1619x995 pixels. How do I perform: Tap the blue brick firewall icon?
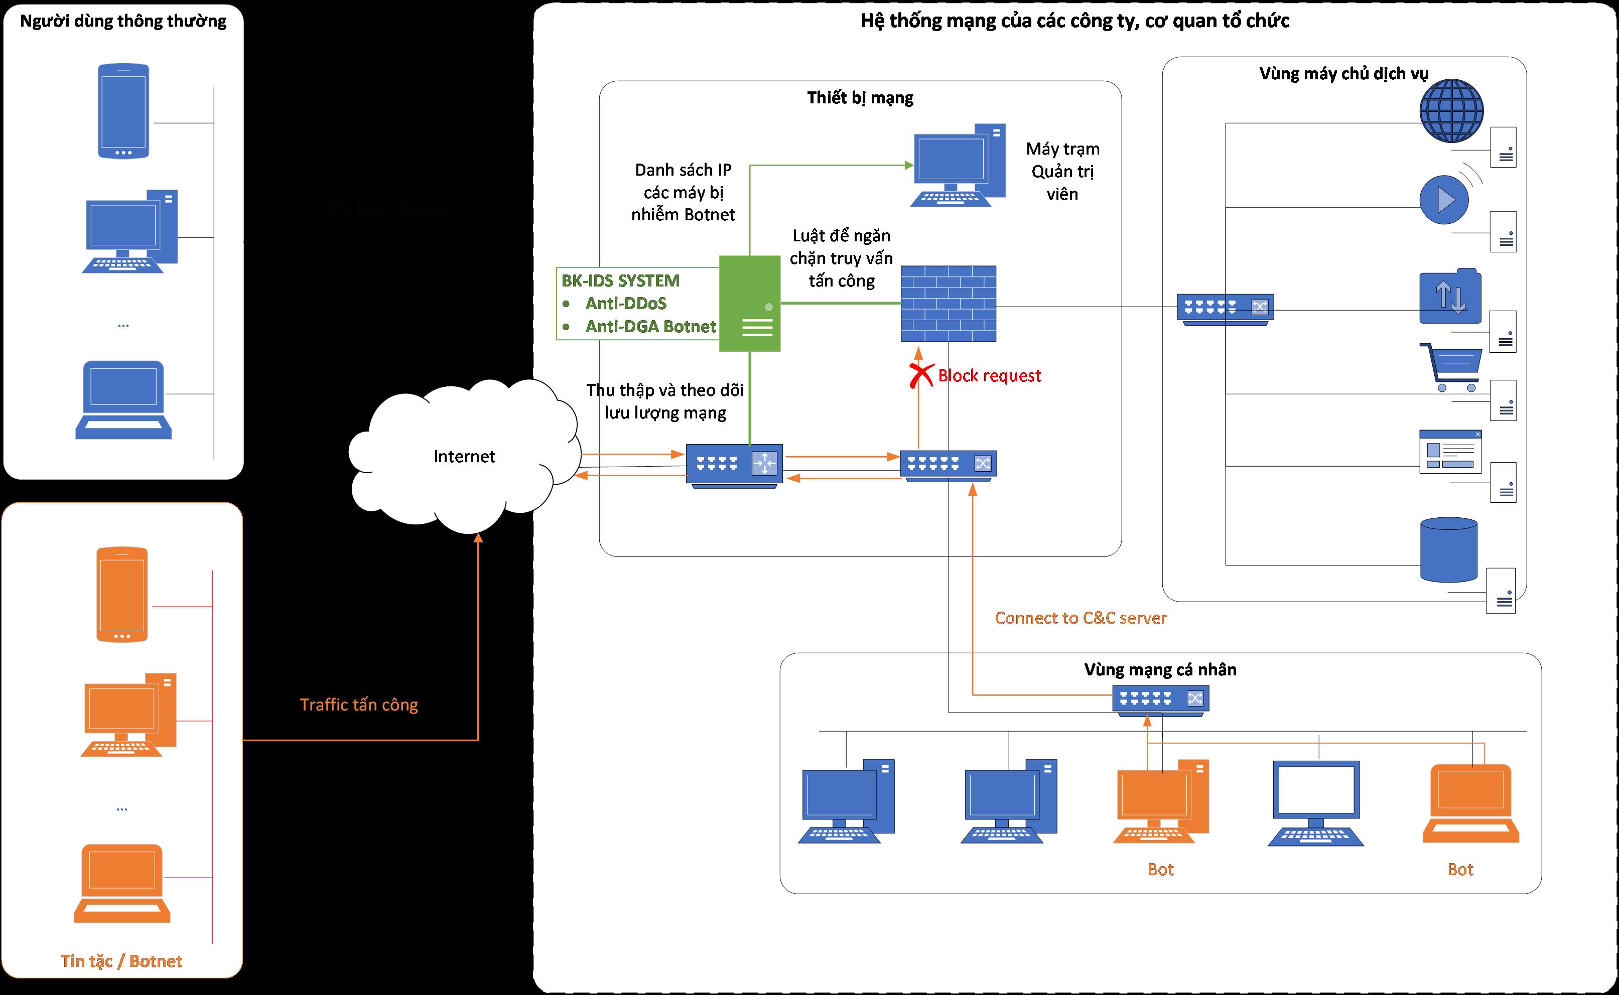[x=948, y=304]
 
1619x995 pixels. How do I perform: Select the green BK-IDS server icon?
[x=750, y=304]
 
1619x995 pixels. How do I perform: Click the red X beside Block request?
[x=921, y=375]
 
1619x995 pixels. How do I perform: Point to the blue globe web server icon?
[x=1451, y=110]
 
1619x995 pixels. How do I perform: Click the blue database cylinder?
[x=1448, y=549]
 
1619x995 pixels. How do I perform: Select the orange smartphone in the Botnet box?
[x=122, y=594]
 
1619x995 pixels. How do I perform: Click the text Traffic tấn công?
[x=359, y=705]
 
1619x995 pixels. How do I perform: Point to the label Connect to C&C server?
[x=1081, y=618]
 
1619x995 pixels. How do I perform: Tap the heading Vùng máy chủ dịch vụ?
[x=1343, y=74]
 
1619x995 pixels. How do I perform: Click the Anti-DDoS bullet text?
[x=625, y=304]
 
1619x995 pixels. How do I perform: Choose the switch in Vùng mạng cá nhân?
[x=1160, y=699]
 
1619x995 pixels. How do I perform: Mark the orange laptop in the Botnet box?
[x=122, y=883]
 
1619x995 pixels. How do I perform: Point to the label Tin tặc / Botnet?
[x=122, y=961]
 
